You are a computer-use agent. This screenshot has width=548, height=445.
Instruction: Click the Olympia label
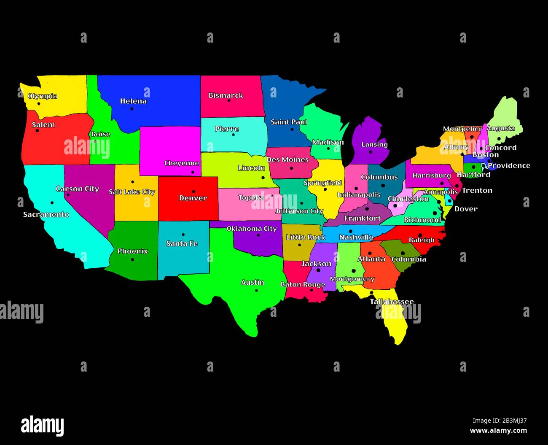[x=42, y=96]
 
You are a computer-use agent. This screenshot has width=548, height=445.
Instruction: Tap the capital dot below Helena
[x=132, y=109]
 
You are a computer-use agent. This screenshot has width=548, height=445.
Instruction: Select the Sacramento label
[x=46, y=215]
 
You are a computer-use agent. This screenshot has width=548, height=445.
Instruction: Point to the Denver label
[x=193, y=198]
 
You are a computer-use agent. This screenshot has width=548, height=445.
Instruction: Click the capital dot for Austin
[x=256, y=290]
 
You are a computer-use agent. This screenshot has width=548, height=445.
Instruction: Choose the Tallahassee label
[x=392, y=302]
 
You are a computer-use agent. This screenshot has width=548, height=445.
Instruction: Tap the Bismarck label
[x=226, y=95]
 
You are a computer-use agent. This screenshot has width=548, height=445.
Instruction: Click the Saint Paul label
[x=289, y=122]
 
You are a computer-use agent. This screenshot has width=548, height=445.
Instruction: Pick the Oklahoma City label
[x=252, y=229]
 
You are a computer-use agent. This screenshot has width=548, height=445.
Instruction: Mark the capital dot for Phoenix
[x=132, y=259]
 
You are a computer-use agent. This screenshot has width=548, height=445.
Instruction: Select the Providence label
[x=509, y=165]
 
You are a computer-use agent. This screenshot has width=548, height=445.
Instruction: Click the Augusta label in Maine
[x=501, y=128]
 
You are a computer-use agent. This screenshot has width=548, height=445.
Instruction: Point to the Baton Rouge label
[x=303, y=284]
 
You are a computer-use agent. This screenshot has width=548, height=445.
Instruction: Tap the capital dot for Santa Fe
[x=183, y=235]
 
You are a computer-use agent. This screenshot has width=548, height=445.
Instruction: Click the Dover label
[x=466, y=209]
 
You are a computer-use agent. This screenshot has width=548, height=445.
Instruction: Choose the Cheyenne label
[x=181, y=163]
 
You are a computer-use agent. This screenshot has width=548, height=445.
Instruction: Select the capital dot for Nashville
[x=350, y=231]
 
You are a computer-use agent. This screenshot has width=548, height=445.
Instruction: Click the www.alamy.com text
[x=498, y=431]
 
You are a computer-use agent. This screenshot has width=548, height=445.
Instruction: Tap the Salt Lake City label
[x=132, y=192]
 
